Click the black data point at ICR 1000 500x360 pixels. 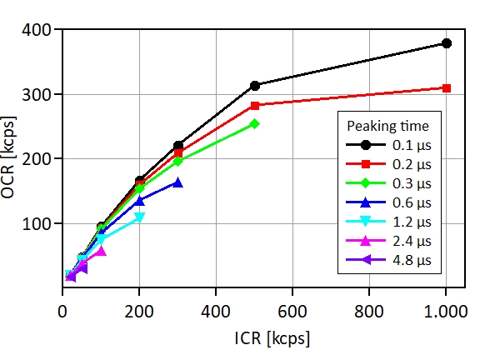447,43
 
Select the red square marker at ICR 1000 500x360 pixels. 447,87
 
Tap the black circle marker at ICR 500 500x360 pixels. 255,86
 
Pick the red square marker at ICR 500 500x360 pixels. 255,106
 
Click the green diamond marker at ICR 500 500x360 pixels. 255,123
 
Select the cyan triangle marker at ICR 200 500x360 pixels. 139,217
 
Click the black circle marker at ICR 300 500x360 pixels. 178,146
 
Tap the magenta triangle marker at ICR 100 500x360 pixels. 101,251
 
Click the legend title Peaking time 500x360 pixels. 388,126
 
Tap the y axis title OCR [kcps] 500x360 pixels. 14,159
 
